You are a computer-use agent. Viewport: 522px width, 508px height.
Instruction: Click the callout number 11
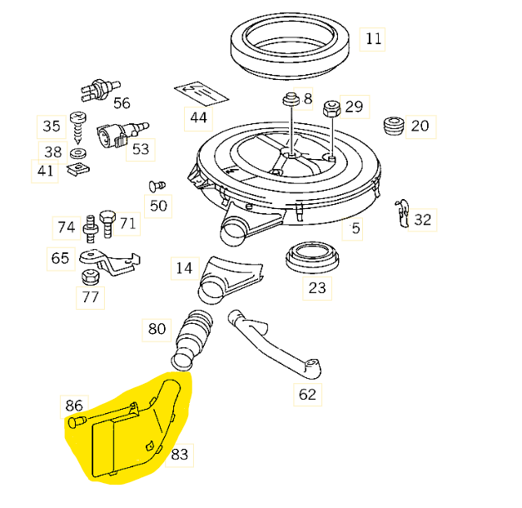tap(372, 39)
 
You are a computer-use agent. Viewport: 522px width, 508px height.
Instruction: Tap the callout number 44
tap(198, 117)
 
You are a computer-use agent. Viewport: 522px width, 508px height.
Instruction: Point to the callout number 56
tap(122, 102)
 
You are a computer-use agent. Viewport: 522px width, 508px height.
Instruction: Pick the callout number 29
tap(354, 107)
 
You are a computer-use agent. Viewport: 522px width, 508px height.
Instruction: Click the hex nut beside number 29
tap(330, 107)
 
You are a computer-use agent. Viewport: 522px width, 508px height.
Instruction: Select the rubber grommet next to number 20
tap(393, 127)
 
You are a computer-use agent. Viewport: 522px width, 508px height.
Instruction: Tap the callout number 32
tap(423, 219)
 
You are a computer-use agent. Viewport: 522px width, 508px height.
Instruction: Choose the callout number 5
tap(355, 228)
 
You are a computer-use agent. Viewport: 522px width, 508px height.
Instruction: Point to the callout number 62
tap(307, 394)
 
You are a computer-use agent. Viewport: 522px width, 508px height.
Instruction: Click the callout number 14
tap(184, 267)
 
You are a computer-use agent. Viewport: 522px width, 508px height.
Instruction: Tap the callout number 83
tap(180, 455)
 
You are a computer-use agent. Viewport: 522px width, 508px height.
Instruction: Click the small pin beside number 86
tap(76, 424)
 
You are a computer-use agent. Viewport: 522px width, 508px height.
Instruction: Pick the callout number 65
tap(60, 258)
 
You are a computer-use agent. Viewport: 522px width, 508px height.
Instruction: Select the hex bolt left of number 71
tap(107, 218)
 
